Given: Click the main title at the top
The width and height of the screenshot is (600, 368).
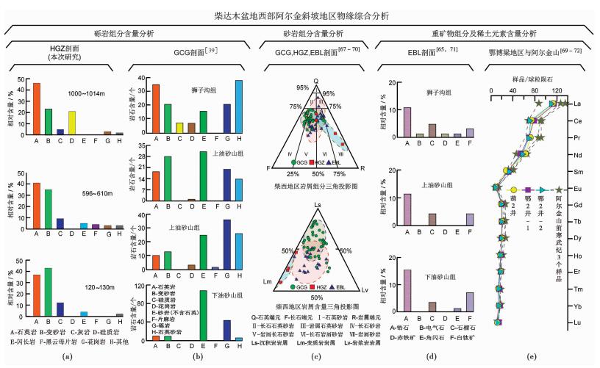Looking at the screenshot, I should [299, 13].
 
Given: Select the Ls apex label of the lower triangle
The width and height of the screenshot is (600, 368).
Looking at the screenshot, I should [317, 203].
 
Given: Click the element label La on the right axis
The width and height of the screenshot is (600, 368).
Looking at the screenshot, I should [577, 104].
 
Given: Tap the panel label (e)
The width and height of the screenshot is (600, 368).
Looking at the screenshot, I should [532, 357].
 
